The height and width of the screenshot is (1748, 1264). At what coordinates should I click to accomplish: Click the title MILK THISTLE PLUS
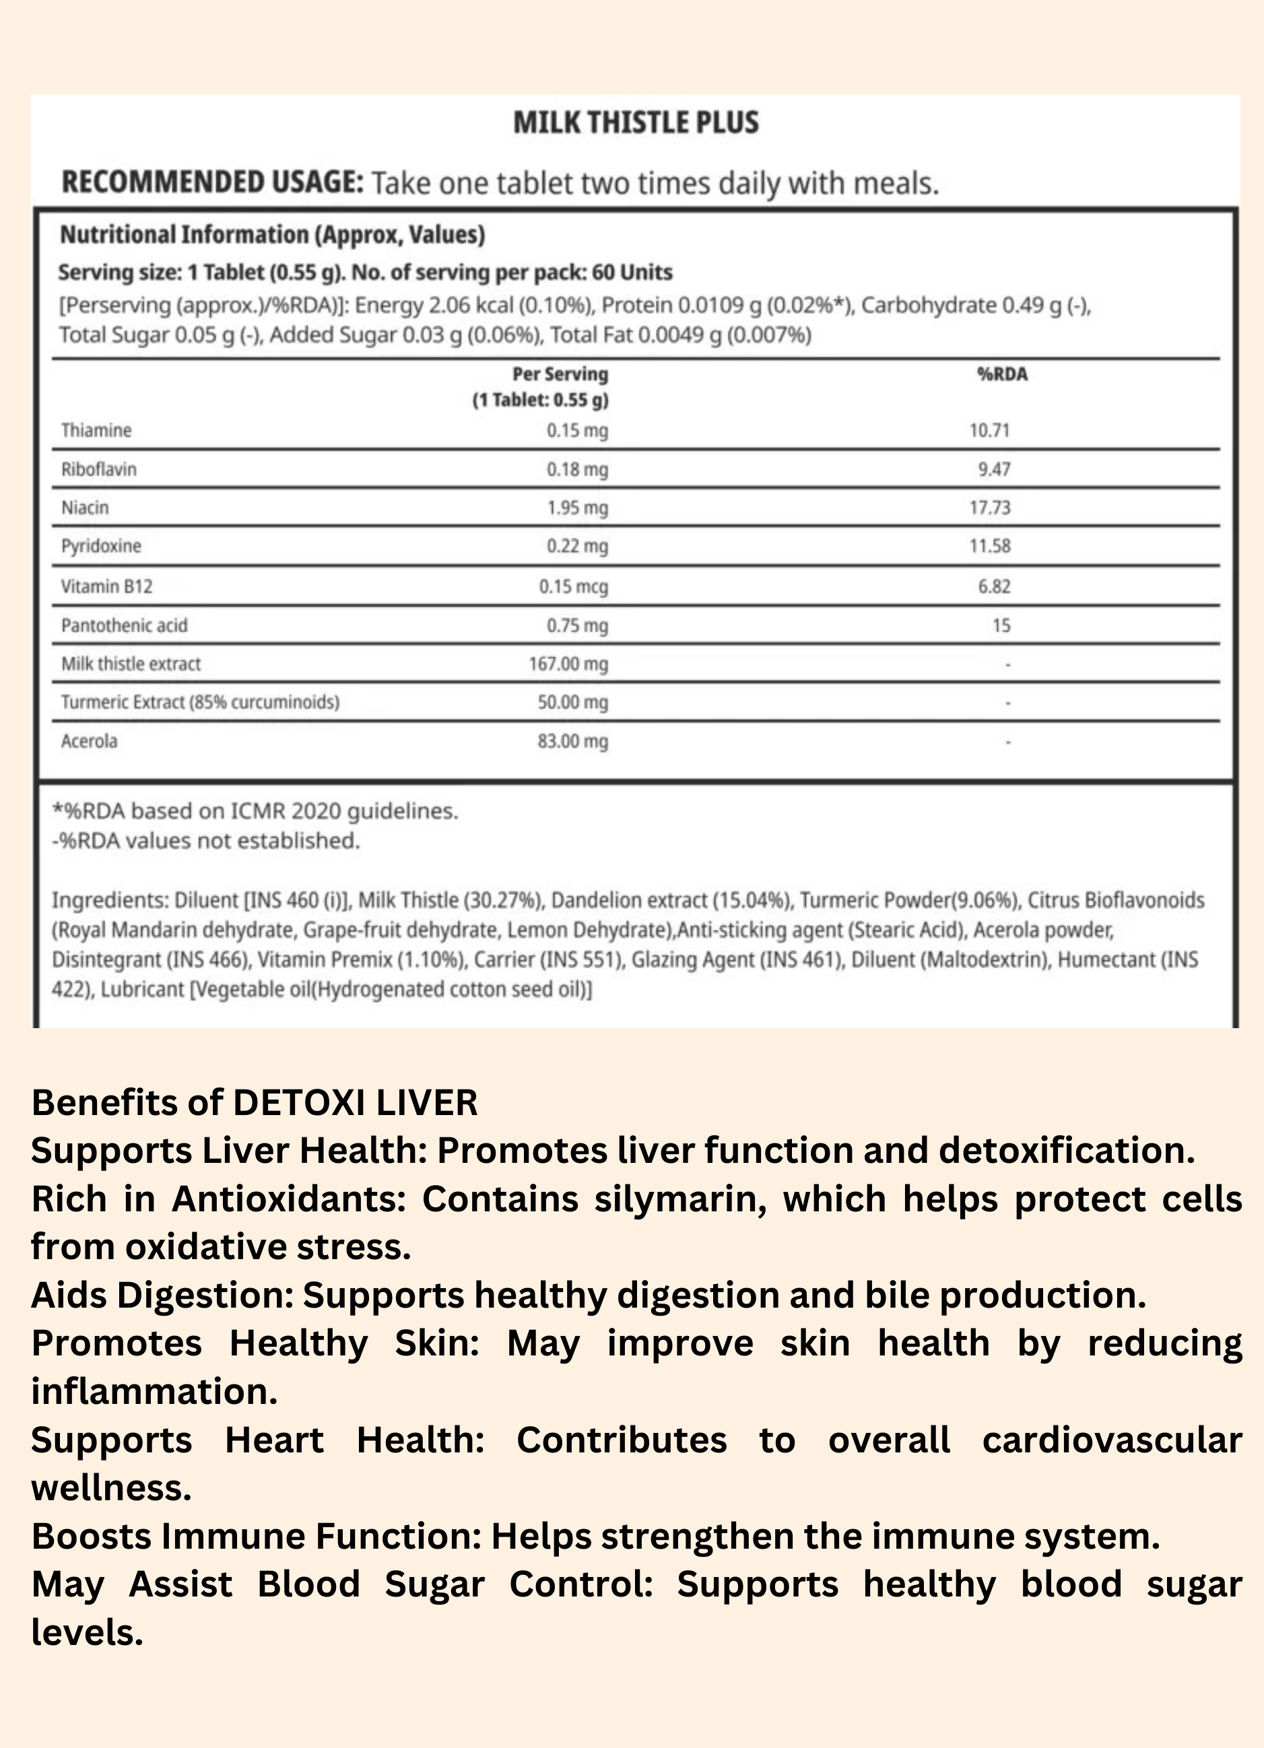click(x=636, y=123)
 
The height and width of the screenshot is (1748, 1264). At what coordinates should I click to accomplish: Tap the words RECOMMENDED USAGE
click(x=211, y=182)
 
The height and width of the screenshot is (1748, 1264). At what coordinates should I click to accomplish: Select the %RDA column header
click(x=1002, y=374)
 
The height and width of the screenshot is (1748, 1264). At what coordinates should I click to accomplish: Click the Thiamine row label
click(x=96, y=430)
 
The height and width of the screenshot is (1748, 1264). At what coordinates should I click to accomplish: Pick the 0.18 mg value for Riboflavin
click(x=577, y=469)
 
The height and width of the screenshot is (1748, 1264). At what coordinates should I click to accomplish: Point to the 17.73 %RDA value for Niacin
click(x=990, y=508)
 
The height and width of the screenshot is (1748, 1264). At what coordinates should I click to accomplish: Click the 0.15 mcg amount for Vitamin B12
click(x=574, y=586)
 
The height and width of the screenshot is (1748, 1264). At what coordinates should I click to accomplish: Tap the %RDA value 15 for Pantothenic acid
click(x=1001, y=625)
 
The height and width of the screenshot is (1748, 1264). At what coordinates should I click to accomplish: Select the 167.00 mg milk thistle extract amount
click(x=568, y=664)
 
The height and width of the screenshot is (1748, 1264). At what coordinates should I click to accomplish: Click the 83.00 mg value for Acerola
click(x=572, y=741)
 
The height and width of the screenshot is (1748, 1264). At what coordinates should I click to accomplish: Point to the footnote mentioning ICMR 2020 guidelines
click(x=255, y=811)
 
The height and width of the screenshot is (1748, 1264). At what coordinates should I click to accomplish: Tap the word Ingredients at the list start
click(x=110, y=900)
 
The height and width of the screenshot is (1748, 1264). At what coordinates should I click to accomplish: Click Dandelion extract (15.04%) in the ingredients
click(x=671, y=900)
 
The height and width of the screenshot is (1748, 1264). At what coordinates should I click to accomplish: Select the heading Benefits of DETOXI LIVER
click(x=255, y=1103)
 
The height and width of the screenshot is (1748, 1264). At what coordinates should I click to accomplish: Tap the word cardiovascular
click(x=1111, y=1440)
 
